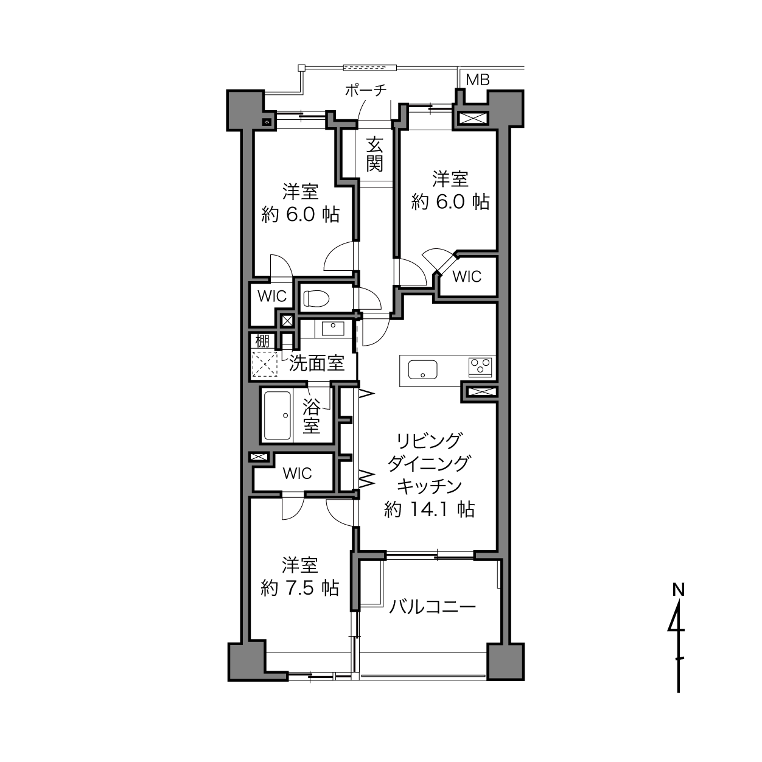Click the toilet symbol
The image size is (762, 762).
click(316, 299)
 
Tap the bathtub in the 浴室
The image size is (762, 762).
click(278, 416)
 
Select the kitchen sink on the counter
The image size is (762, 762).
click(423, 369)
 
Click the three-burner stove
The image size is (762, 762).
click(480, 366)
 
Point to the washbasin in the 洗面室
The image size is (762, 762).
click(333, 329)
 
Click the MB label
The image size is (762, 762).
click(478, 80)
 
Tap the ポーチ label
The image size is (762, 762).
click(365, 91)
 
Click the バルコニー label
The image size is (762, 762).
click(433, 607)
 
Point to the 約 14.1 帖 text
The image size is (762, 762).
click(430, 509)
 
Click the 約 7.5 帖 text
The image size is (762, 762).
click(300, 589)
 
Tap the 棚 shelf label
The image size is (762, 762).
click(262, 340)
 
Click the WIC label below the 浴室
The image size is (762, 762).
click(298, 474)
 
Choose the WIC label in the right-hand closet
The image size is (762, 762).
click(467, 276)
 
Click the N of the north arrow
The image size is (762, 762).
click(679, 590)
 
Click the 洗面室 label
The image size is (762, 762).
click(316, 363)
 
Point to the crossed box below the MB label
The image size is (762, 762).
click(473, 118)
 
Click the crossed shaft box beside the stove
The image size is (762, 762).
click(481, 392)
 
